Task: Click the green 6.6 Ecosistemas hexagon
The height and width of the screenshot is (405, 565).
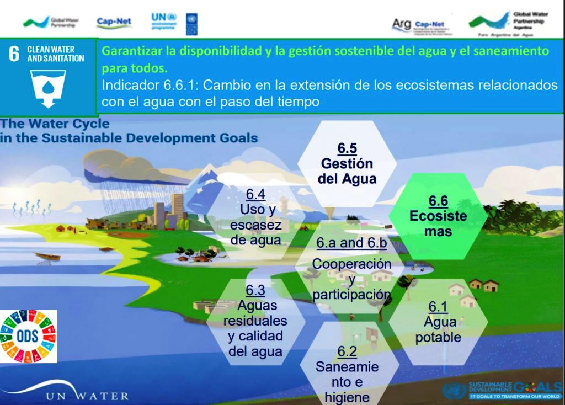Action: pyautogui.click(x=438, y=216)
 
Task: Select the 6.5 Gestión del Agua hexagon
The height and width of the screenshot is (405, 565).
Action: pyautogui.click(x=347, y=164)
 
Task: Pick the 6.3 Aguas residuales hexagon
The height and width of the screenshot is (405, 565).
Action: pyautogui.click(x=255, y=321)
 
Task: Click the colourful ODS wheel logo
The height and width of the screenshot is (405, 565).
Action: pyautogui.click(x=28, y=336)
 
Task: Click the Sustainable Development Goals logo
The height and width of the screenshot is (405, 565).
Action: pyautogui.click(x=502, y=390)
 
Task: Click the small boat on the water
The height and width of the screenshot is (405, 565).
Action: pyautogui.click(x=47, y=257)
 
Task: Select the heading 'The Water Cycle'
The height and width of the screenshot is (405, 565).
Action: pyautogui.click(x=55, y=124)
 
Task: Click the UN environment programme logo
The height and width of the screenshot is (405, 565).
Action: pyautogui.click(x=164, y=23)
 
